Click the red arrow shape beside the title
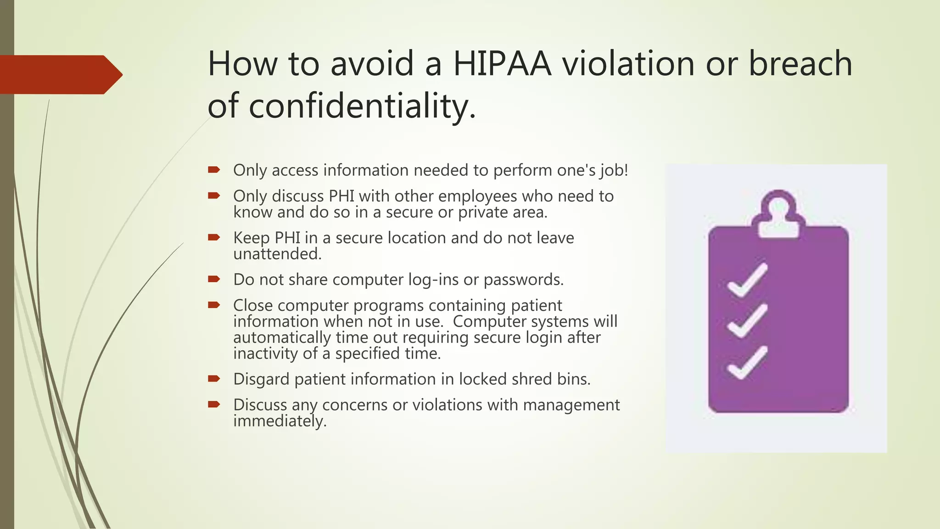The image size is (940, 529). pyautogui.click(x=60, y=74)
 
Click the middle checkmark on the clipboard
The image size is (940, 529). pyautogui.click(x=747, y=321)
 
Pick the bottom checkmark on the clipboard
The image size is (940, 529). pyautogui.click(x=747, y=363)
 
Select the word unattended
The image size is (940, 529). pyautogui.click(x=277, y=254)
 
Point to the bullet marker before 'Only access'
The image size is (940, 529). pyautogui.click(x=214, y=170)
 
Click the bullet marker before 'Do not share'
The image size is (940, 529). pyautogui.click(x=214, y=279)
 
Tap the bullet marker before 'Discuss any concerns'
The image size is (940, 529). pyautogui.click(x=214, y=405)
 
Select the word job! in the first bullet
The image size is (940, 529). pyautogui.click(x=614, y=170)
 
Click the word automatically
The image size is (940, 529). pyautogui.click(x=282, y=338)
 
